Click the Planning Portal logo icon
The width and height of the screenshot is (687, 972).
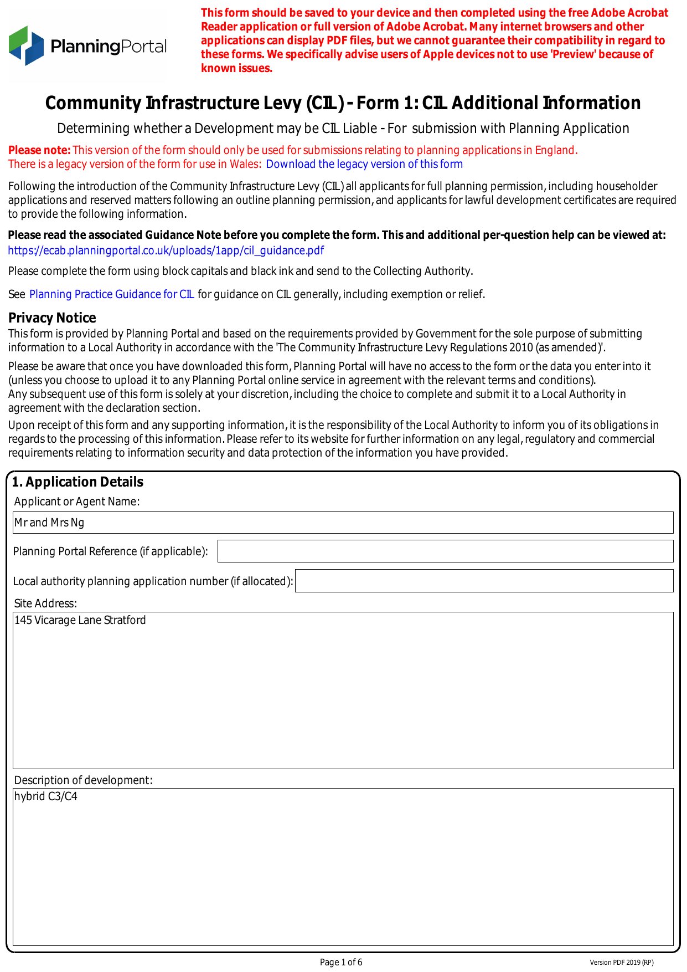point(26,45)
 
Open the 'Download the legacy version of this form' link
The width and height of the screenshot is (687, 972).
point(364,164)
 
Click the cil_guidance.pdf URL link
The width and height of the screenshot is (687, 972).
point(166,250)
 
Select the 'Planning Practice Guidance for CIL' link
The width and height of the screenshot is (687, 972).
point(111,294)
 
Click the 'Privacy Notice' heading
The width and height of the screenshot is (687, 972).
point(52,318)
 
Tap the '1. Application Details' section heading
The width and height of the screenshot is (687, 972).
point(78,482)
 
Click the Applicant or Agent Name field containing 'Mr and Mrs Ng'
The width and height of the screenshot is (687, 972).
point(343,523)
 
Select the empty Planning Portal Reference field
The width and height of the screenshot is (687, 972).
point(445,551)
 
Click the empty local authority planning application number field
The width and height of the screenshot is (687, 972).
point(484,581)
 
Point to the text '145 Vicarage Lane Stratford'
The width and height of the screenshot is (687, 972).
point(80,620)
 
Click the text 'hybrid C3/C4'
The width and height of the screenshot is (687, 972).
point(46,796)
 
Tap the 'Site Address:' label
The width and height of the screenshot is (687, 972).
point(45,603)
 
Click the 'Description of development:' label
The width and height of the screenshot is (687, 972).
point(83,780)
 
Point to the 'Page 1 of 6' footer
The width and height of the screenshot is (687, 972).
point(341,962)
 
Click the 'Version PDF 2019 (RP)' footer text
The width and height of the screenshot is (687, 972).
point(621,963)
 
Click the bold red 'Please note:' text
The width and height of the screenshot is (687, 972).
point(39,150)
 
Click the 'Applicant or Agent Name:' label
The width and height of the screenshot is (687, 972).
point(77,502)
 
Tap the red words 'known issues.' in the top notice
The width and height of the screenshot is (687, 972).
point(236,69)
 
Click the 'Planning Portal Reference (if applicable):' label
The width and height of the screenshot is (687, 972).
point(111,551)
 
